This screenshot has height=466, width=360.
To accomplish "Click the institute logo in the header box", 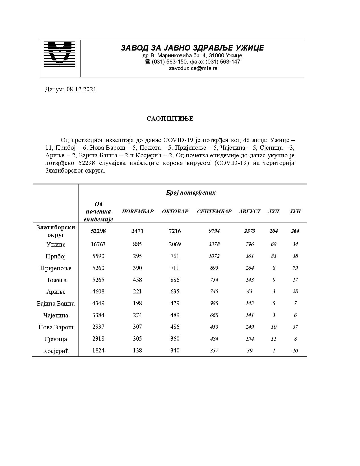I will (60, 54).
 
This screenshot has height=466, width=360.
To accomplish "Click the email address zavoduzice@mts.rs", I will (193, 68).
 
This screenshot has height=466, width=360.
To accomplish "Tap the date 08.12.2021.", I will (82, 90).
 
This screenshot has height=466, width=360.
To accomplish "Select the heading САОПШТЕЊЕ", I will (170, 119).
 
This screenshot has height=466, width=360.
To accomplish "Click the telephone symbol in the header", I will (147, 62).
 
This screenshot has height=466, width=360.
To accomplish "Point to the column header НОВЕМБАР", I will (138, 212).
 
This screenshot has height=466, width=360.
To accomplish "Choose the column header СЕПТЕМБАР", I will (214, 212).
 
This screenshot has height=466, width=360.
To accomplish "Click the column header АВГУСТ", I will (250, 212).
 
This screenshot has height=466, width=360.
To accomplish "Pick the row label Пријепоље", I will (56, 268).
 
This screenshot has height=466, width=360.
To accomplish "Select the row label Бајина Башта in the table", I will (56, 304).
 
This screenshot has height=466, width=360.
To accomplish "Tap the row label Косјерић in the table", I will (56, 351).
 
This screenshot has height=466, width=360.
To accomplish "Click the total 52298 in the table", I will (98, 231).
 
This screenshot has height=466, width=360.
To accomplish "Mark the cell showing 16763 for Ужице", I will (98, 244).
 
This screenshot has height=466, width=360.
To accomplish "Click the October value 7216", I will (175, 231).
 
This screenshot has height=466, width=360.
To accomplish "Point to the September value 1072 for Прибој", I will (214, 256).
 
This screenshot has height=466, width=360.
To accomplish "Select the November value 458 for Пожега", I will (138, 280).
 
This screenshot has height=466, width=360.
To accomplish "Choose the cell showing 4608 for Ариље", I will (98, 291).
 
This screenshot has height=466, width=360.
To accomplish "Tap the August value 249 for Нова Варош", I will (250, 327).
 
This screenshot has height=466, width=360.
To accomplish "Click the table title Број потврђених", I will (191, 193).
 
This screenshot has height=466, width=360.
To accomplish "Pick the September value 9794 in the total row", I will (214, 231).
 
